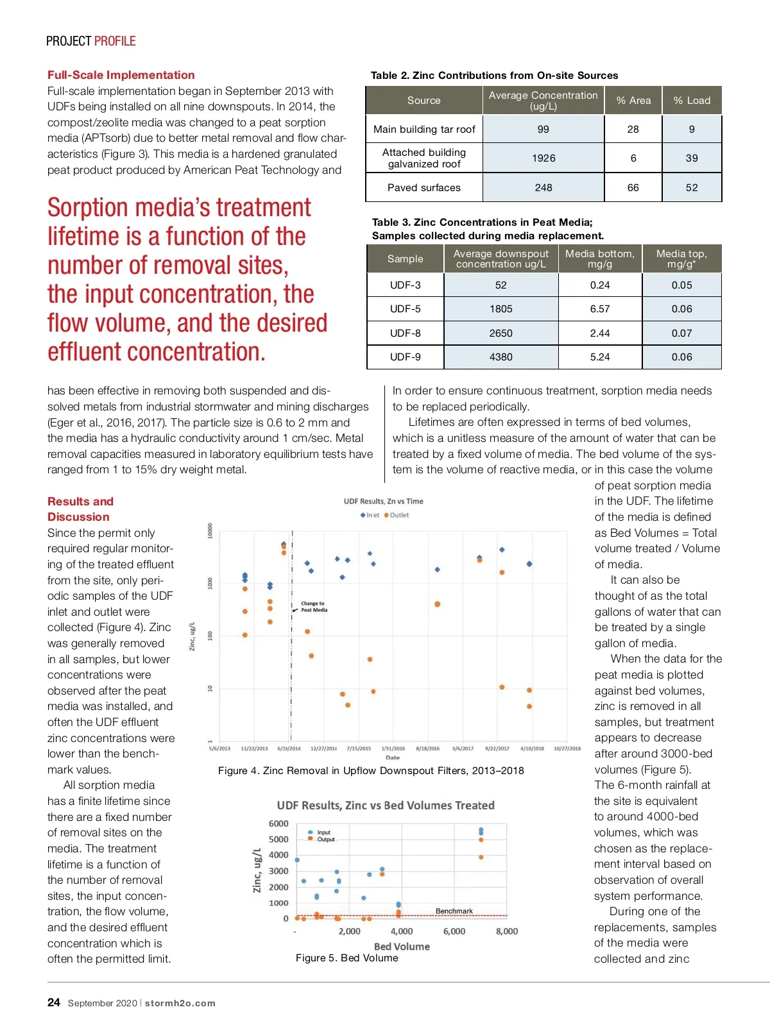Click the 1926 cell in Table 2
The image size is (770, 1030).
pyautogui.click(x=543, y=158)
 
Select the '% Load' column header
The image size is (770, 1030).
pyautogui.click(x=692, y=101)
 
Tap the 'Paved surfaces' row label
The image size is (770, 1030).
pyautogui.click(x=424, y=188)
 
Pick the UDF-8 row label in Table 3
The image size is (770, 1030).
pyautogui.click(x=406, y=333)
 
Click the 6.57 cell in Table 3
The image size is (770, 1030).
pyautogui.click(x=600, y=309)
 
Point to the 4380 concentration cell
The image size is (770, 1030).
pyautogui.click(x=501, y=357)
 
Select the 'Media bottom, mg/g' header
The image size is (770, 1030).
pyautogui.click(x=600, y=259)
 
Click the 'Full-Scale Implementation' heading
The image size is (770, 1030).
pyautogui.click(x=121, y=75)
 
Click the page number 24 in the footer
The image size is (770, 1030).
pyautogui.click(x=54, y=1002)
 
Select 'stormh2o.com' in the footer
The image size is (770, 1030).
pyautogui.click(x=180, y=1003)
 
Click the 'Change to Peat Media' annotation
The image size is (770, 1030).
pyautogui.click(x=314, y=607)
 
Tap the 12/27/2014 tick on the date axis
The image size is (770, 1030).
pyautogui.click(x=323, y=748)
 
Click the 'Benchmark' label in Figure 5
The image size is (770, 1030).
pyautogui.click(x=454, y=911)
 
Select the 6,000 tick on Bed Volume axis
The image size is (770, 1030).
pyautogui.click(x=454, y=931)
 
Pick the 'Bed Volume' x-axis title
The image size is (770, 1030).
pyautogui.click(x=402, y=946)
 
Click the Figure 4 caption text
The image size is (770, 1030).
pyautogui.click(x=371, y=770)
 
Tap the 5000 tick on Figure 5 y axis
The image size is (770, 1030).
pyautogui.click(x=278, y=839)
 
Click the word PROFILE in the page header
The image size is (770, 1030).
pyautogui.click(x=115, y=41)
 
